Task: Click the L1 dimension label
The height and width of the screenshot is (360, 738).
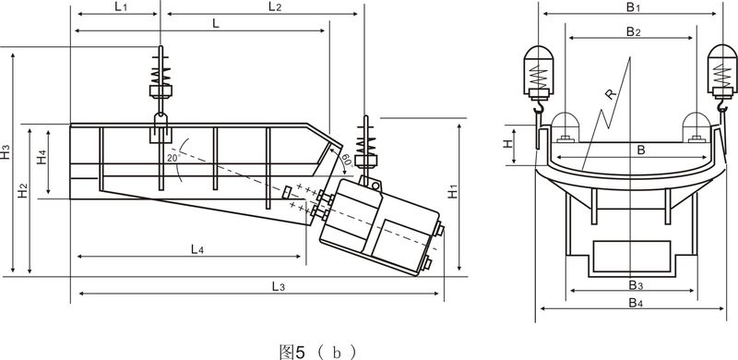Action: point(121,7)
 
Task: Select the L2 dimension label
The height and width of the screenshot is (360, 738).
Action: point(275,7)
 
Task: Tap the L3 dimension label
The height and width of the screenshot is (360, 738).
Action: point(279,286)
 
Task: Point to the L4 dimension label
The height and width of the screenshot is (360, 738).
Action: point(197,249)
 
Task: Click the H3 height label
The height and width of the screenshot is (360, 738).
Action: point(6,151)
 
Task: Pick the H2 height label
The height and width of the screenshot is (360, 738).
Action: point(22,190)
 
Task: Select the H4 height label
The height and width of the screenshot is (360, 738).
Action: point(42,156)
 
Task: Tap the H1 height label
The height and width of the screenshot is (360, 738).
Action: point(452,191)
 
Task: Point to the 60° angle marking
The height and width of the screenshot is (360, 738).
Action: point(347,161)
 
